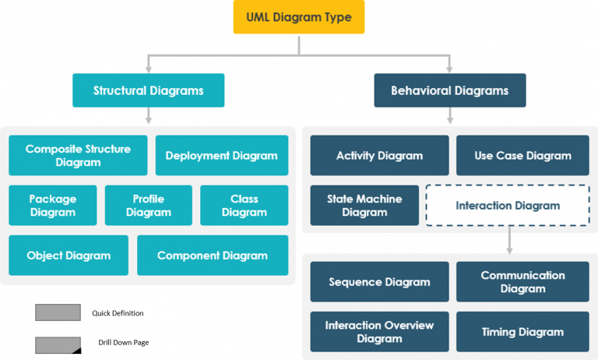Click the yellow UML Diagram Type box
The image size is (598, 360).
(x=299, y=17)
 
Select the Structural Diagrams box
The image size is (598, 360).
(x=148, y=90)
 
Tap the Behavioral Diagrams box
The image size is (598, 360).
(x=449, y=90)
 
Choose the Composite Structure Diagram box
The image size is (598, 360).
(x=78, y=156)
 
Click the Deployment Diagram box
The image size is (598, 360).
(x=221, y=156)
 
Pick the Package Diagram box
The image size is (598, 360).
(x=53, y=206)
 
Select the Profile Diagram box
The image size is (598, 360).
(x=148, y=206)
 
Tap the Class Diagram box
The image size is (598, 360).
(x=244, y=206)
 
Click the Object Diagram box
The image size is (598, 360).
(x=69, y=256)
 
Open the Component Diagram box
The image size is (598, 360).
(x=212, y=256)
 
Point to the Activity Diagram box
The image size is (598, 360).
(x=379, y=156)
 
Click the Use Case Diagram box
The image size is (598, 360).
(x=522, y=156)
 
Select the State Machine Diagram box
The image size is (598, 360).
(x=364, y=206)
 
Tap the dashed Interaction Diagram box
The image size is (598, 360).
(x=507, y=206)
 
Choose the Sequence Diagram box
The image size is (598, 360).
(x=379, y=282)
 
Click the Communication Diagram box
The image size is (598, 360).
(x=522, y=282)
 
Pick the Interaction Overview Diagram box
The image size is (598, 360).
(x=379, y=332)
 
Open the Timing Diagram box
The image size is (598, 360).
(x=522, y=332)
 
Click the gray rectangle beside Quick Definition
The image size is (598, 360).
(x=58, y=312)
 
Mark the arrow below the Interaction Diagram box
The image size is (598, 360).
(x=509, y=241)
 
